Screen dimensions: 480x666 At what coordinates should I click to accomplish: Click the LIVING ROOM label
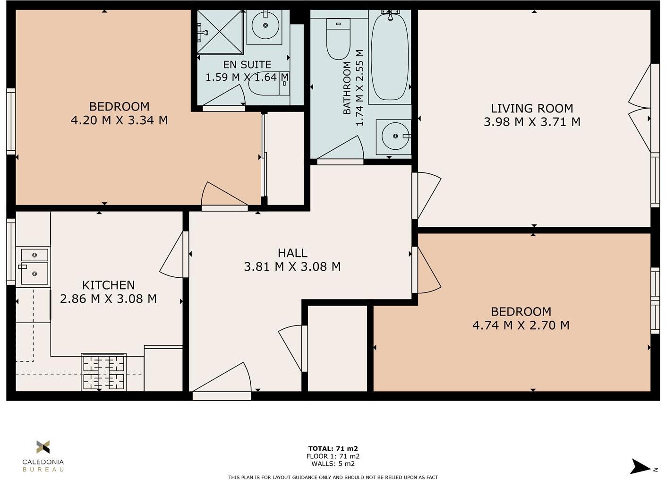click(532, 108)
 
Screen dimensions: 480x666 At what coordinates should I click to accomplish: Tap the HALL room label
click(292, 253)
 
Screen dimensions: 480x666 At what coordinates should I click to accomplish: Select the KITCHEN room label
click(108, 285)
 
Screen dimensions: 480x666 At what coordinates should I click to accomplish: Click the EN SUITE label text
click(247, 65)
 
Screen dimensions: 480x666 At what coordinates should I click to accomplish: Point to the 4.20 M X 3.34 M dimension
click(119, 120)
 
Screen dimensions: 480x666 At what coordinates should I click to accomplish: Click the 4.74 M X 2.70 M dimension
click(521, 325)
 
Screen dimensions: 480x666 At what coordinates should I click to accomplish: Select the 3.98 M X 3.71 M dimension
click(532, 122)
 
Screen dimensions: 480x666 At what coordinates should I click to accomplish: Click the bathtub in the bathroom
click(390, 57)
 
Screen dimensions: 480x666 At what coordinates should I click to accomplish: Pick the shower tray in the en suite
click(219, 31)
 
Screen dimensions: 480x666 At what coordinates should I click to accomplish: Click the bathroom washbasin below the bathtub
click(393, 137)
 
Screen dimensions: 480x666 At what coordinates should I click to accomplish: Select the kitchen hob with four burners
click(103, 372)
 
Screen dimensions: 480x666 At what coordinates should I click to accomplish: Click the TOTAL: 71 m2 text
click(333, 448)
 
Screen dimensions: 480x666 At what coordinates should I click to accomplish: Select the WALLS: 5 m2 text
click(333, 463)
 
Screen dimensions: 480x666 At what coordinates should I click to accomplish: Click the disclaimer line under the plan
click(333, 477)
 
